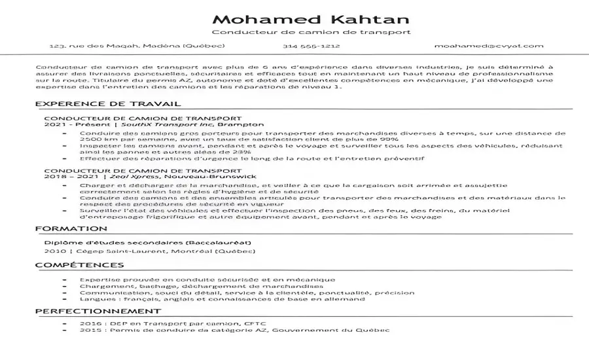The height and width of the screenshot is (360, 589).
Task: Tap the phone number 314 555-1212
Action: click(311, 46)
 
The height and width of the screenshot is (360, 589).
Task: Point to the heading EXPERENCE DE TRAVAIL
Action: click(108, 104)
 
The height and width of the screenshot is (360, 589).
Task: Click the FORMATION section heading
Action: click(71, 229)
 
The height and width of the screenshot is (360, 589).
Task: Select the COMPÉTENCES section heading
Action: click(79, 265)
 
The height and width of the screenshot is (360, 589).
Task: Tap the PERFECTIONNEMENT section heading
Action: click(98, 311)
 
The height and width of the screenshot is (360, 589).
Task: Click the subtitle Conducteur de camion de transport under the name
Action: click(311, 33)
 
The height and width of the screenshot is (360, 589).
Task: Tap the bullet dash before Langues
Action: click(63, 299)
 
